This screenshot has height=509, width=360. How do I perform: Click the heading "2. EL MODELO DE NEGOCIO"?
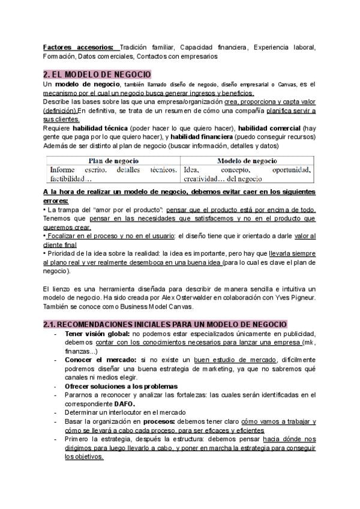97,74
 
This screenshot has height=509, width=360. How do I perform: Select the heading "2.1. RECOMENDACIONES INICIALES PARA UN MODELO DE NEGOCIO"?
165,324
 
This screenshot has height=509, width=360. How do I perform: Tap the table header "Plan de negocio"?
113,161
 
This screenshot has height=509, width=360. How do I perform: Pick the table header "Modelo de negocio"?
247,161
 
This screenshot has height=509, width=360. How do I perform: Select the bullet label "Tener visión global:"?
98,334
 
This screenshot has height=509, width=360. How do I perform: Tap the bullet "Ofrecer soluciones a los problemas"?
121,385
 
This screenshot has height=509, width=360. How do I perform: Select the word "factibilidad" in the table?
68,179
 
